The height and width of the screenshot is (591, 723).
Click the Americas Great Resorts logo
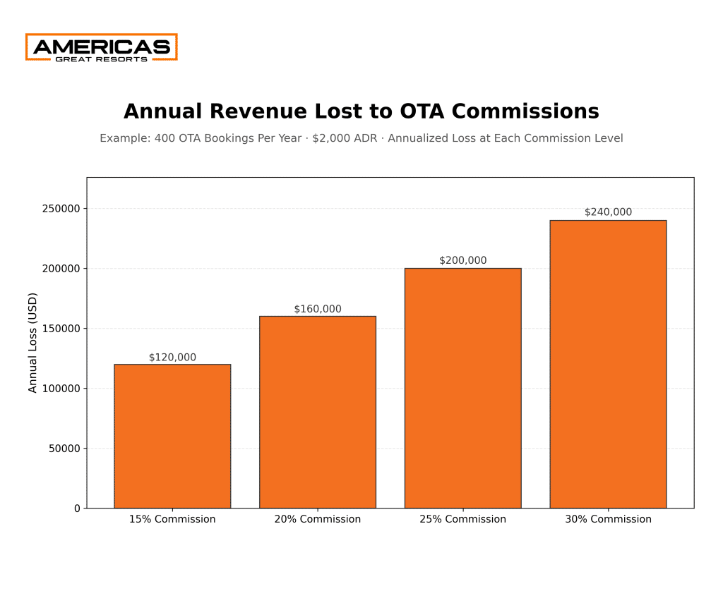click(101, 47)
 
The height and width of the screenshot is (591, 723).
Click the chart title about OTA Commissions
click(361, 111)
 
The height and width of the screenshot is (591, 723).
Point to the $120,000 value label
click(172, 358)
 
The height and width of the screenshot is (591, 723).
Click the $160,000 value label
click(317, 309)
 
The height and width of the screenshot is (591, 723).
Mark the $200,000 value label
click(462, 261)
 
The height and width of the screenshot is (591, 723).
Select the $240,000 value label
click(608, 212)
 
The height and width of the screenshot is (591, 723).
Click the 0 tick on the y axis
click(77, 508)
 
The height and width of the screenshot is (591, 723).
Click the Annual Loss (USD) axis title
click(33, 343)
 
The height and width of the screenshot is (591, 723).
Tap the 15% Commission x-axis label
click(172, 519)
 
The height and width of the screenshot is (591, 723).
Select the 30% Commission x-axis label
click(608, 519)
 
